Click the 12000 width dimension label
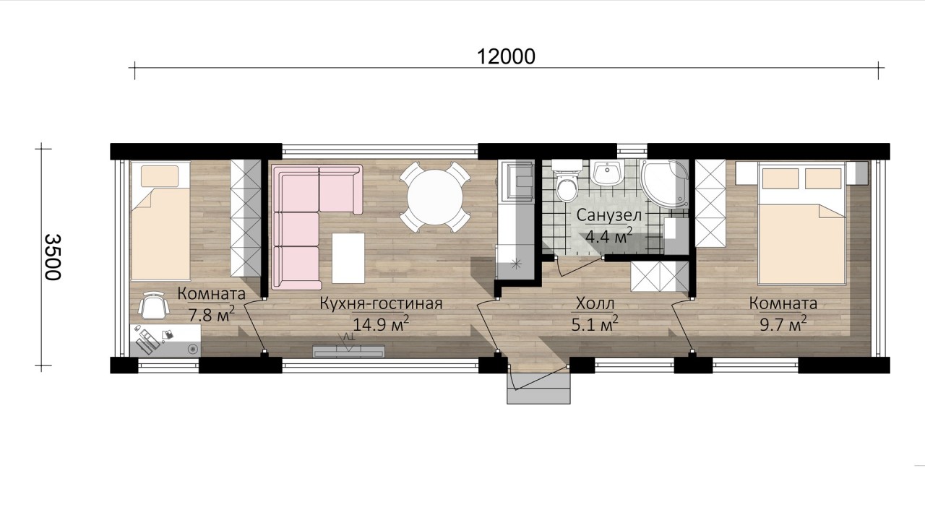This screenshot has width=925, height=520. (x=506, y=56)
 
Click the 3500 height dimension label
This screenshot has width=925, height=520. (x=53, y=257)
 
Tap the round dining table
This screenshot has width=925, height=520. (x=435, y=197)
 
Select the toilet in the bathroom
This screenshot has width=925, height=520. (x=567, y=181)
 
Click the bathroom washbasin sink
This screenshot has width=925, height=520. (x=608, y=173)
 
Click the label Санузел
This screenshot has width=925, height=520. (x=609, y=215)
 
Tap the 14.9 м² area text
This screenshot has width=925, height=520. (x=380, y=324)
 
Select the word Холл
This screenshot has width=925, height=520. (x=595, y=304)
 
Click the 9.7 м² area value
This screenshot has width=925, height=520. (x=783, y=324)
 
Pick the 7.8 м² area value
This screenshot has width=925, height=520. (x=212, y=315)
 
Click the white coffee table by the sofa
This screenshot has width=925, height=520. (x=348, y=258)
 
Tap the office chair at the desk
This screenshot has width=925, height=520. (x=153, y=305)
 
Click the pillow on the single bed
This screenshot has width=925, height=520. (x=160, y=176)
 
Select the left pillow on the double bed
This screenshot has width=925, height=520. (x=780, y=178)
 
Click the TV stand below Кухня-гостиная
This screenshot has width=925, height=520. (x=349, y=351)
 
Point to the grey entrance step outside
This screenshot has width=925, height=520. (x=539, y=389)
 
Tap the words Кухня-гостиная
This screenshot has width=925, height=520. (x=381, y=304)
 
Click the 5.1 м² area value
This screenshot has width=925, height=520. (x=595, y=324)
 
